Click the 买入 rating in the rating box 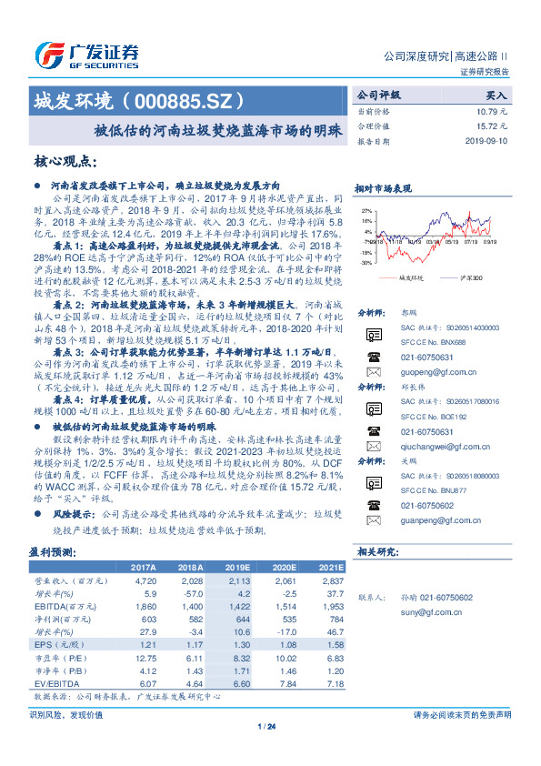(496, 95)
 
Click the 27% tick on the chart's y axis (366, 208)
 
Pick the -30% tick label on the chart (366, 262)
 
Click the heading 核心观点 (66, 162)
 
